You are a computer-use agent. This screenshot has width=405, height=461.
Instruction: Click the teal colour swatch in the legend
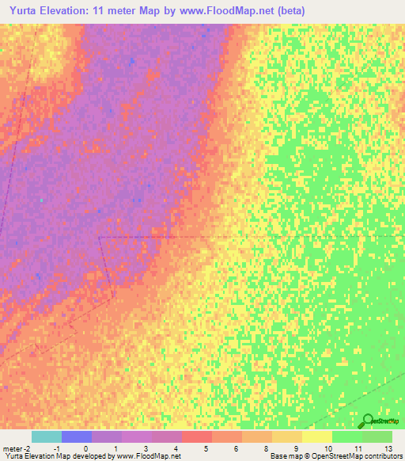46,436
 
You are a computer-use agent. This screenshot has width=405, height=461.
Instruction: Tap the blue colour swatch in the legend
76,436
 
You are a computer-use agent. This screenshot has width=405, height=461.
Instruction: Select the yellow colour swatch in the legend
316,436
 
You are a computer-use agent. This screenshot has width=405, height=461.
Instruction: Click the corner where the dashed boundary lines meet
100,237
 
